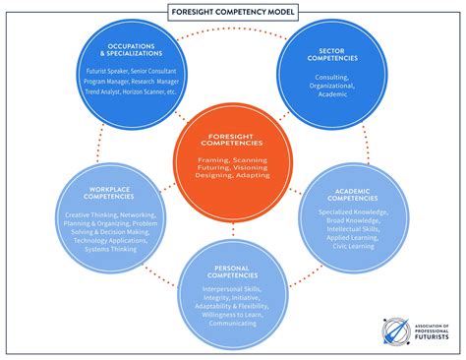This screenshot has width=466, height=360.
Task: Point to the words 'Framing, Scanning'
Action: click(x=233, y=160)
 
